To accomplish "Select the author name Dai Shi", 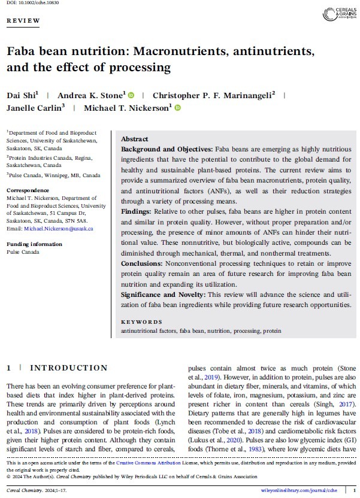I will (22, 95).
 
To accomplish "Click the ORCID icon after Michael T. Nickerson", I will (177, 108).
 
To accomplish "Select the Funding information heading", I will (35, 244).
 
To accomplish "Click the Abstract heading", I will (135, 139).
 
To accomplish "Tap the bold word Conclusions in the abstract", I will (144, 262).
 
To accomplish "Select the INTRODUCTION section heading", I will (69, 368).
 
